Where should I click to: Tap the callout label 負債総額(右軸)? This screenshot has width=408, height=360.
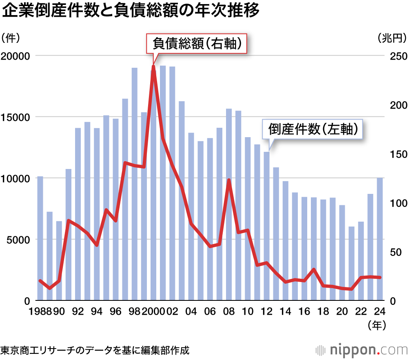pyautogui.click(x=197, y=44)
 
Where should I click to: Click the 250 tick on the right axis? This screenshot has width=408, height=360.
pyautogui.click(x=394, y=56)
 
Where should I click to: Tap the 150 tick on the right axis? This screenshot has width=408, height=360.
pyautogui.click(x=394, y=154)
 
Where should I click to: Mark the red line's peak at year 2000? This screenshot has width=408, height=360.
pyautogui.click(x=153, y=66)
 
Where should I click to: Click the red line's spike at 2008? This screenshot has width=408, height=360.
pyautogui.click(x=229, y=180)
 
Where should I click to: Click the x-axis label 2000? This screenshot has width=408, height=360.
pyautogui.click(x=153, y=312)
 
